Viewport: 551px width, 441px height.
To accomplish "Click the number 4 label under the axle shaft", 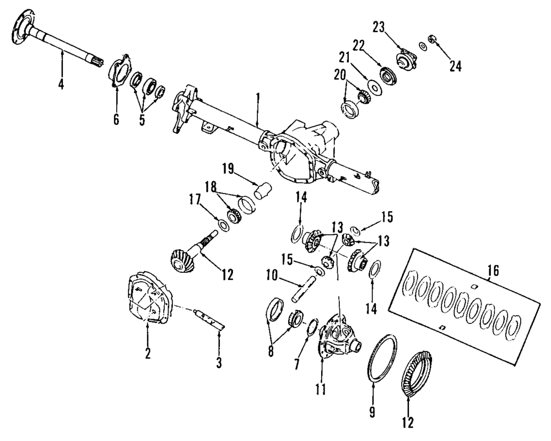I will [x=61, y=85].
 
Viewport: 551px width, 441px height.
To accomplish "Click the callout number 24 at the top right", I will [x=455, y=66].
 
